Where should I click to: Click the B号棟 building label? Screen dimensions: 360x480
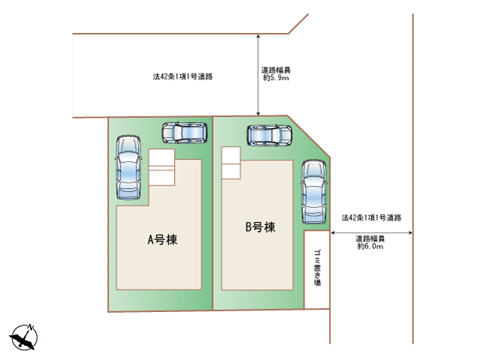tap(260, 226)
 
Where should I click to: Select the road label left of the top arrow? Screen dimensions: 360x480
tap(182, 76)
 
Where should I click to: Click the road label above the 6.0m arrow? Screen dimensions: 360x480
tap(372, 218)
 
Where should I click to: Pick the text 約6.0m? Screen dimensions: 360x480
tap(370, 246)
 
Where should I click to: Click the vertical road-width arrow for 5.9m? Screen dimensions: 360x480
tap(259, 75)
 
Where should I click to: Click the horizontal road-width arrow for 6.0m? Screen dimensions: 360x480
tap(370, 233)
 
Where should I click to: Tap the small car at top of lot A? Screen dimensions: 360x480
tap(184, 133)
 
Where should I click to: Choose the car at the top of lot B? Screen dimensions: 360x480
tap(269, 136)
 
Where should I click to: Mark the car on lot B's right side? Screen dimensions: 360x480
tap(313, 192)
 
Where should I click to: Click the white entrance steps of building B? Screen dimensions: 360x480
tap(230, 163)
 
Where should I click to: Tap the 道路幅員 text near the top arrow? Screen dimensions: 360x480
tap(272, 69)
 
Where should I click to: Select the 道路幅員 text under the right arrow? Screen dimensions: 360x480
tap(370, 238)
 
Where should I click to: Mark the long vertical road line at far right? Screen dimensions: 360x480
tap(413, 180)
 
